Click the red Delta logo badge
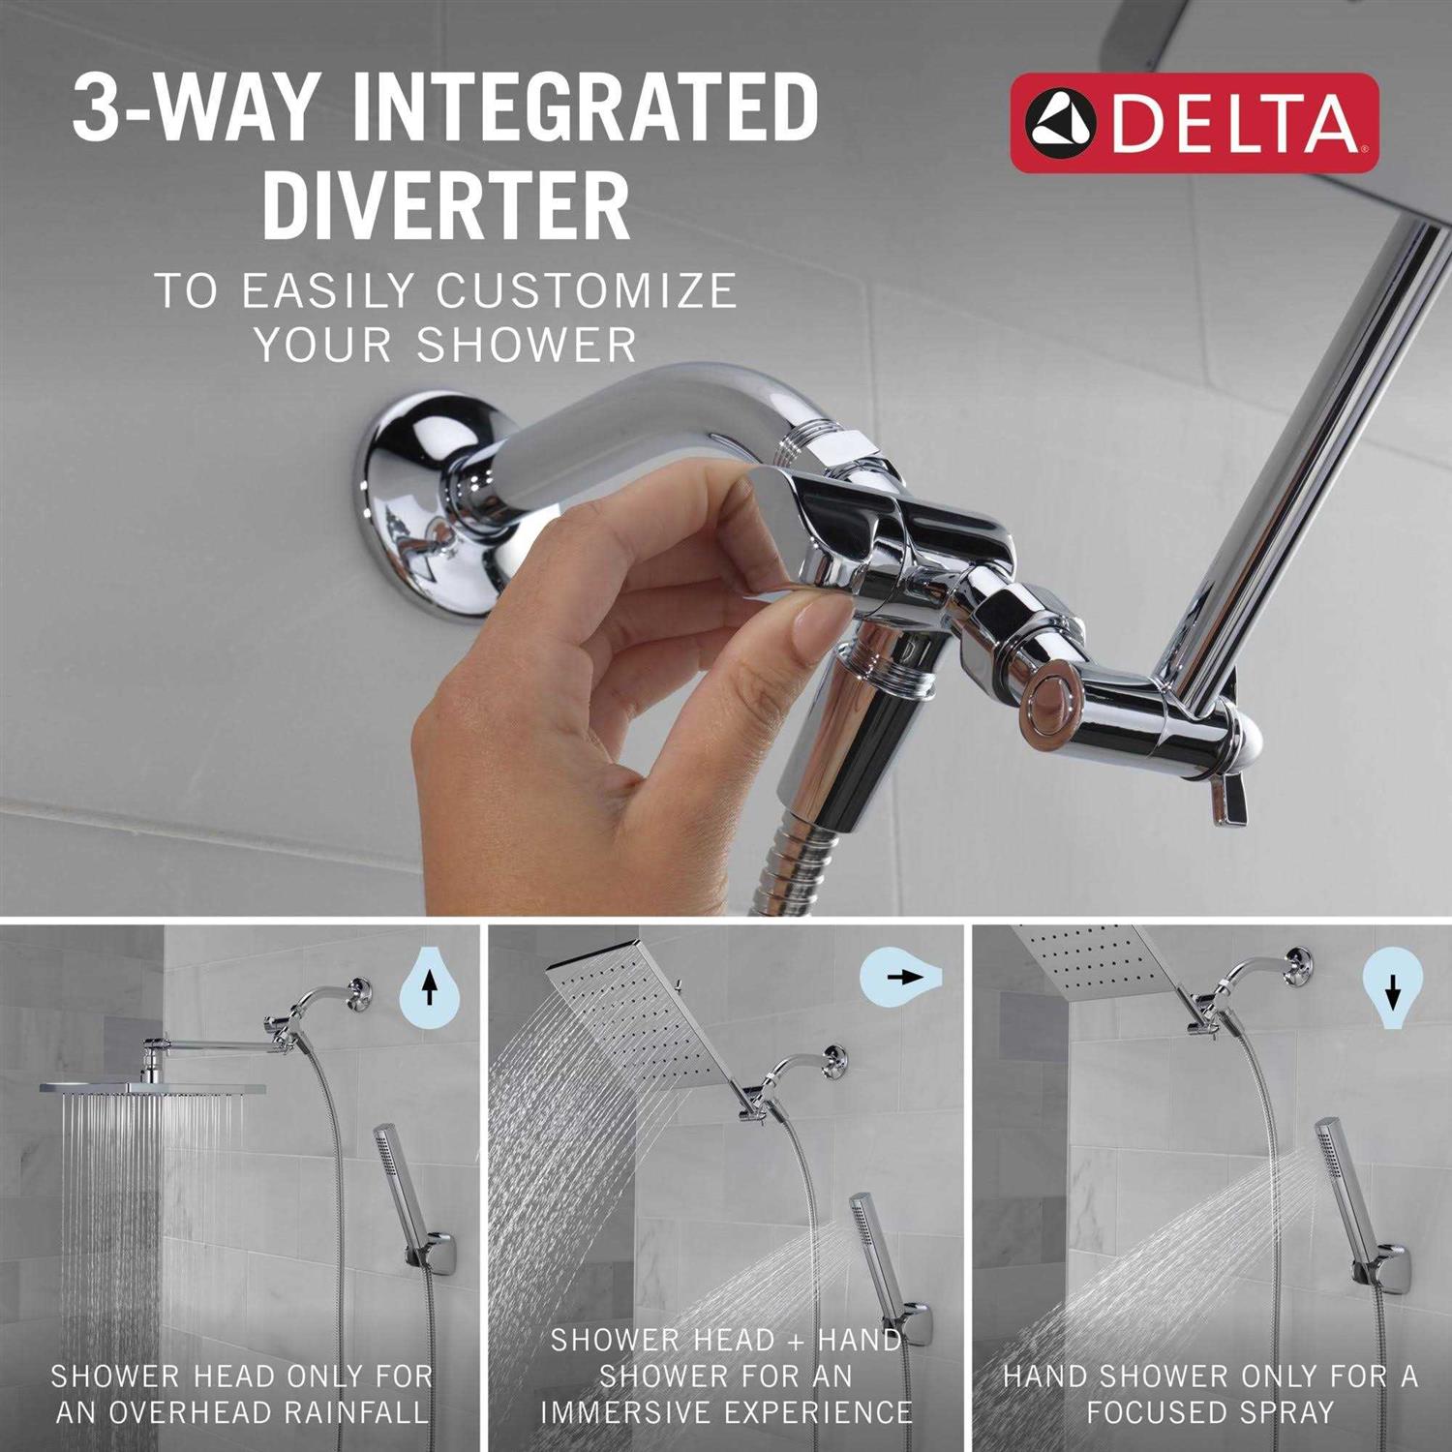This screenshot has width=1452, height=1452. tap(1195, 123)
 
